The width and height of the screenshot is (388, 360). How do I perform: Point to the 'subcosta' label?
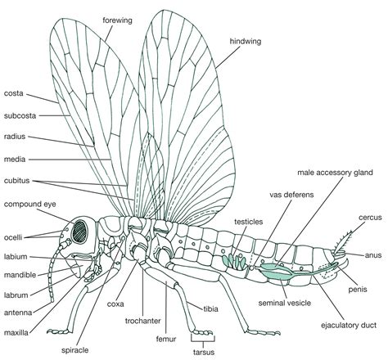20,115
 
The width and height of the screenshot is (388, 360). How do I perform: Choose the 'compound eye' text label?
29,204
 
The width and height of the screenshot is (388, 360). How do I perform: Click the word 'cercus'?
366,218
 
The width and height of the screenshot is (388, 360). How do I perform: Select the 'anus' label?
372,254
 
